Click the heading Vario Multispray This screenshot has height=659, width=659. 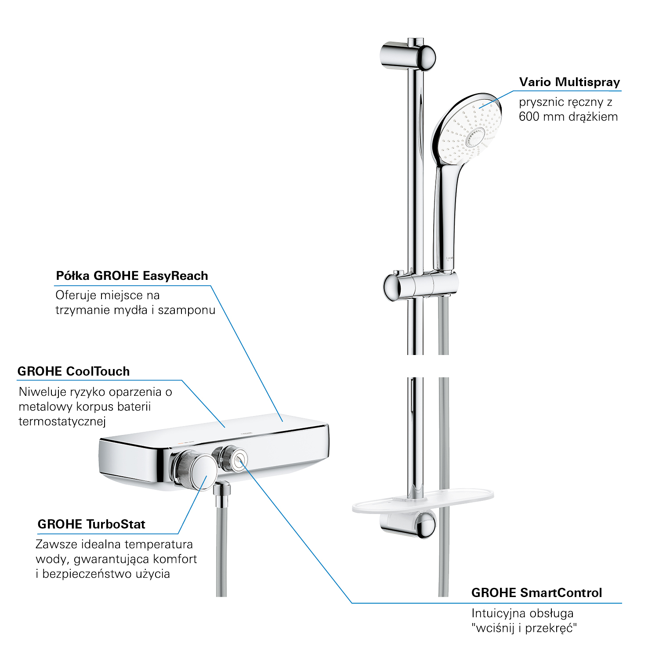[x=569, y=82]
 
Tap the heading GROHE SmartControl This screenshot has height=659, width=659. [x=536, y=593]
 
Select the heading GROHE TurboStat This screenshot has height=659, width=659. [x=91, y=524]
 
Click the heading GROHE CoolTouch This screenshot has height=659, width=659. [x=74, y=371]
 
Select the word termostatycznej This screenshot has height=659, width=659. [x=62, y=422]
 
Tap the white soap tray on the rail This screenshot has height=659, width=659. [x=423, y=501]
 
